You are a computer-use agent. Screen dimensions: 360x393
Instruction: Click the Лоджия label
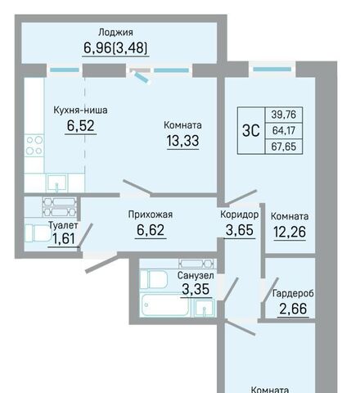[x=115, y=33]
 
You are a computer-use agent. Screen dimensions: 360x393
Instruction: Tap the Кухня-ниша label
[x=80, y=111]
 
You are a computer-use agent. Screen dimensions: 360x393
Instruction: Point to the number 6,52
[x=81, y=126]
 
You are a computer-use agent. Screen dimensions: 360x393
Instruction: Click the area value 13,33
[x=182, y=141]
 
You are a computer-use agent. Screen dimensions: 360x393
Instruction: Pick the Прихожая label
[x=151, y=215]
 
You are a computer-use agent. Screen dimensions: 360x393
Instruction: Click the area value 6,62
[x=151, y=230]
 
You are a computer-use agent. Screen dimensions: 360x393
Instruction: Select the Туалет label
[x=63, y=225]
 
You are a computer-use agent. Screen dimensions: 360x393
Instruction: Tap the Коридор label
[x=240, y=215]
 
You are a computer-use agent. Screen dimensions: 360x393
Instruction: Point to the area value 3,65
[x=240, y=230]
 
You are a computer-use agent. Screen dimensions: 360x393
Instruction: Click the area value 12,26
[x=290, y=232]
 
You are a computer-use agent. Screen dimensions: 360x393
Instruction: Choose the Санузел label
[x=196, y=275]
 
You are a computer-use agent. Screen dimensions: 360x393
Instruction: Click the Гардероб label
[x=293, y=294]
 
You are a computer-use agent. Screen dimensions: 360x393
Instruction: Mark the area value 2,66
[x=293, y=309]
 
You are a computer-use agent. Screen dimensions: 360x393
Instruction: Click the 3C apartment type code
[x=251, y=131]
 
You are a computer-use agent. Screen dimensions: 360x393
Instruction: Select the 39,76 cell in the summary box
[x=284, y=115]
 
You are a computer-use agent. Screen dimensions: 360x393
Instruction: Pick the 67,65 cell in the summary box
[x=284, y=147]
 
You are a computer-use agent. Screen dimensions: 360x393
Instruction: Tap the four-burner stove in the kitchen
[x=34, y=146]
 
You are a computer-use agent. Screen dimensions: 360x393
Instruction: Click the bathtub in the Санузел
[x=166, y=305]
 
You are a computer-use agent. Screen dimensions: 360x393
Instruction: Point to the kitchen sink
[x=56, y=183]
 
